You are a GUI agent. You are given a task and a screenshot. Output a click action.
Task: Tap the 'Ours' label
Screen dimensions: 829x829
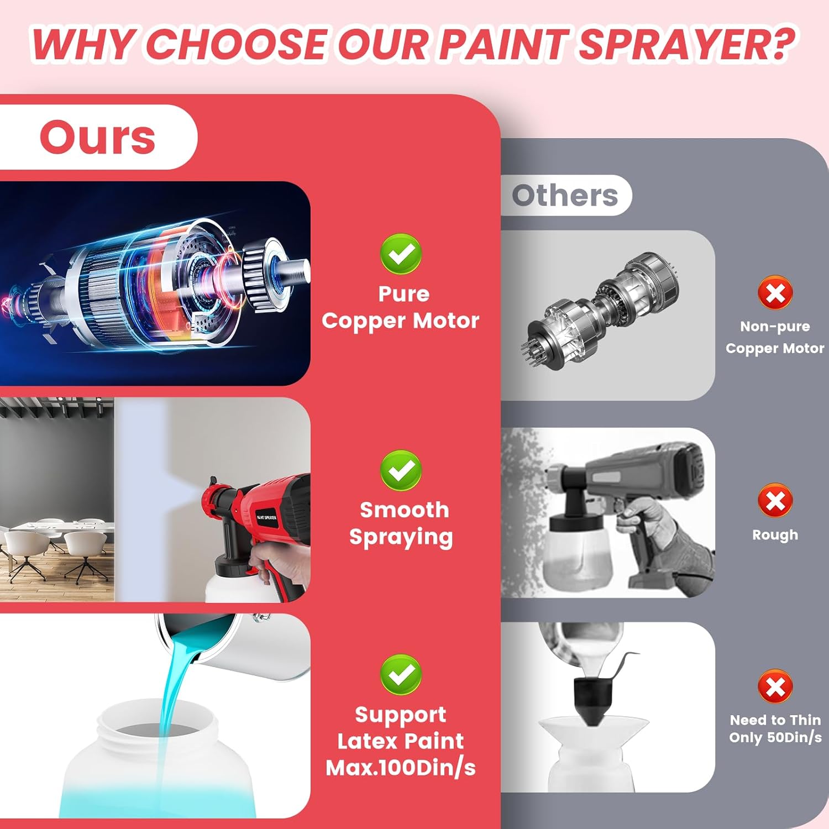(97, 137)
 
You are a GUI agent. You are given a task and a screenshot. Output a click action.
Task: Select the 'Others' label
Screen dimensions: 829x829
(565, 195)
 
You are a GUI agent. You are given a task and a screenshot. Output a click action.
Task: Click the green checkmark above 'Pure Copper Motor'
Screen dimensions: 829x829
(401, 254)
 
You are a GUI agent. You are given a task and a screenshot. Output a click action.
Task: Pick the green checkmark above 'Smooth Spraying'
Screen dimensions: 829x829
(401, 470)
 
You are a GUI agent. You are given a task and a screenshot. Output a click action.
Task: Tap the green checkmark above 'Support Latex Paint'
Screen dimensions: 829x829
(401, 675)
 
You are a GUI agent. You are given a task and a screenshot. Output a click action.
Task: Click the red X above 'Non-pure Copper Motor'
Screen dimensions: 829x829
(775, 293)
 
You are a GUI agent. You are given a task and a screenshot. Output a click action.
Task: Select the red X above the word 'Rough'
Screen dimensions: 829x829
(775, 501)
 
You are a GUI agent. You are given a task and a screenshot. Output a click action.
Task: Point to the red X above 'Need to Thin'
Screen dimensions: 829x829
(775, 687)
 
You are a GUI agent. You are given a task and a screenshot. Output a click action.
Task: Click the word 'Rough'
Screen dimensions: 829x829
(775, 535)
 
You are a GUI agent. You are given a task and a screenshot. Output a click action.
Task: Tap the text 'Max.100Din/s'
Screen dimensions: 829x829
(401, 768)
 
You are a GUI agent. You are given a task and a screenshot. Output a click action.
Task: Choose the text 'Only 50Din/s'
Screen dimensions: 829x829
(775, 737)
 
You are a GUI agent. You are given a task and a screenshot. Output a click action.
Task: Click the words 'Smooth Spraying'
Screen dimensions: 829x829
(401, 523)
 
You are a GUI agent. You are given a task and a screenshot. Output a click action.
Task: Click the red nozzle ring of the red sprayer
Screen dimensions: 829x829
(214, 495)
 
